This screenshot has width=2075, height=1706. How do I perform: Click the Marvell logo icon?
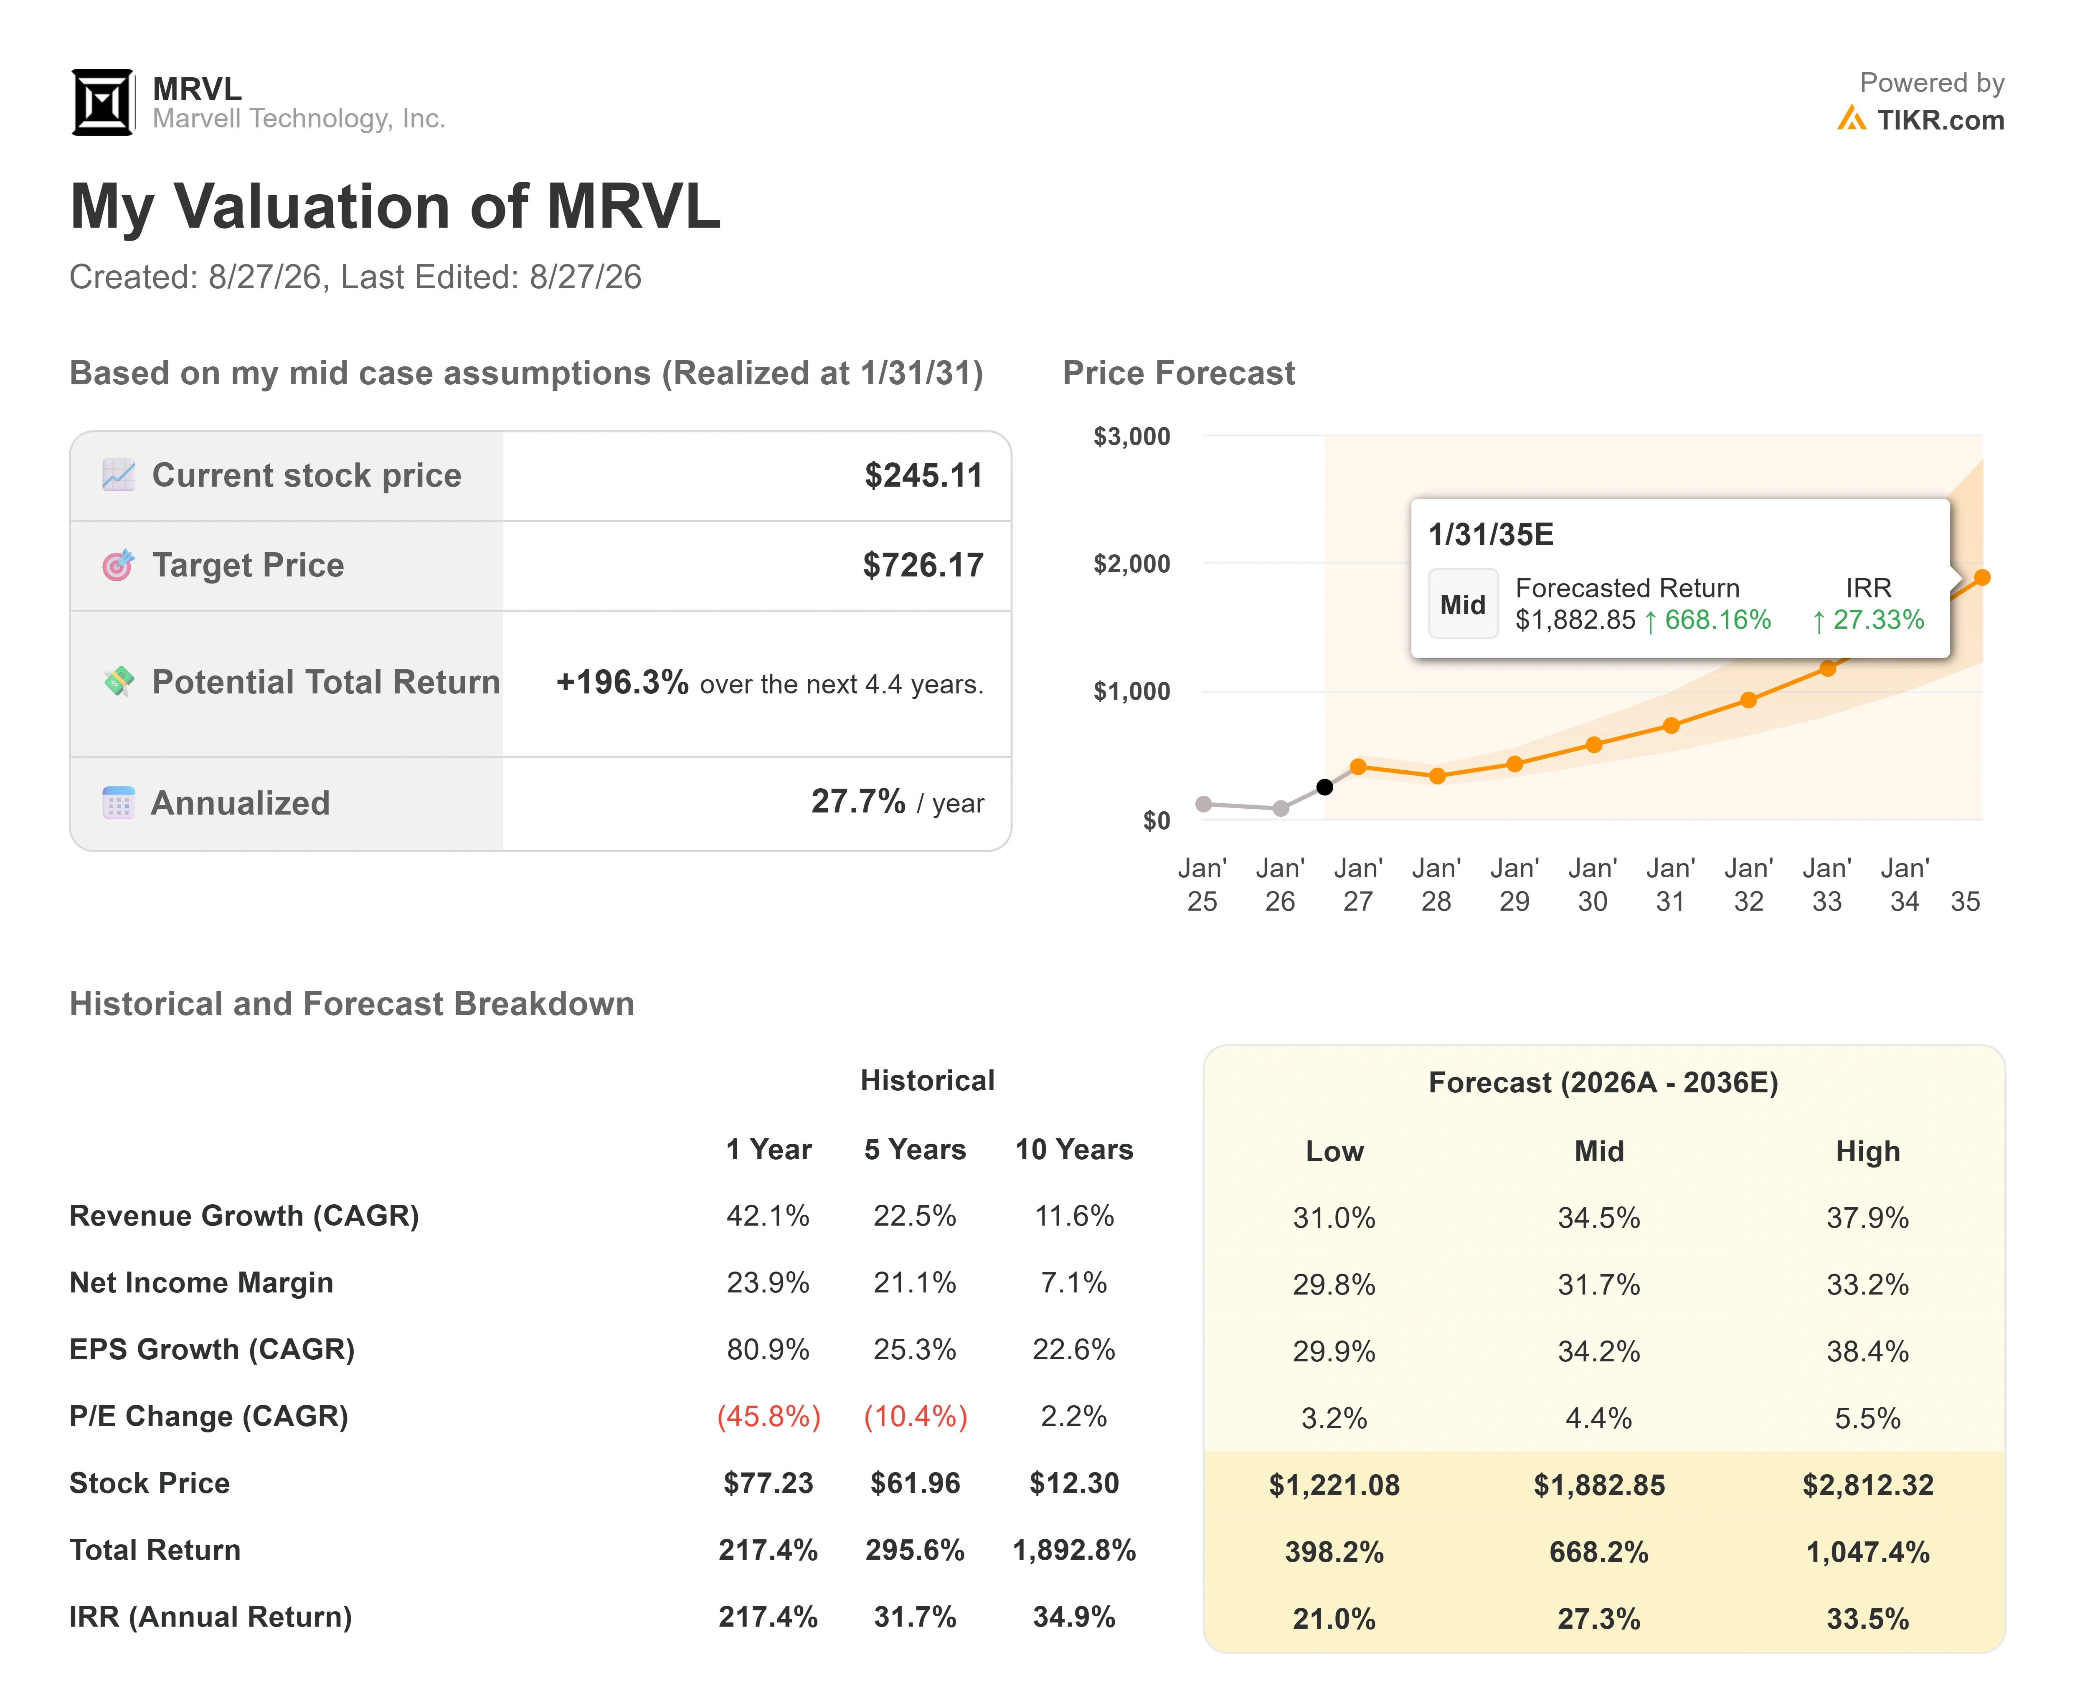[x=102, y=102]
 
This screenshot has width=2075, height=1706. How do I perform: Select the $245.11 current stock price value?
[x=923, y=476]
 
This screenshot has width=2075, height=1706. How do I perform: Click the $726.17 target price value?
[x=923, y=565]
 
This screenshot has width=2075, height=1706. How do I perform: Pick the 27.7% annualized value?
[x=858, y=802]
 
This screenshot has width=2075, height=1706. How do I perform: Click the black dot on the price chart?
[x=1324, y=787]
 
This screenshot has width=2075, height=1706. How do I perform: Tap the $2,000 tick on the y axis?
[x=1132, y=564]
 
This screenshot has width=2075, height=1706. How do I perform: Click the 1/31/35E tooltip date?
[x=1490, y=535]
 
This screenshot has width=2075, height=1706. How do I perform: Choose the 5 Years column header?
[x=915, y=1150]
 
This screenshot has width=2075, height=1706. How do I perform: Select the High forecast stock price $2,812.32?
[x=1868, y=1485]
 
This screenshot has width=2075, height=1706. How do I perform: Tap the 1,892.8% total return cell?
[x=1074, y=1551]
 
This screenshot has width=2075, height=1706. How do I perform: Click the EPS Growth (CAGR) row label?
[x=212, y=1349]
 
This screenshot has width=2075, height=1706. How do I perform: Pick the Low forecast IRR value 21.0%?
[x=1334, y=1619]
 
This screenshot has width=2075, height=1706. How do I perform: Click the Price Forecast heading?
[x=1179, y=373]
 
